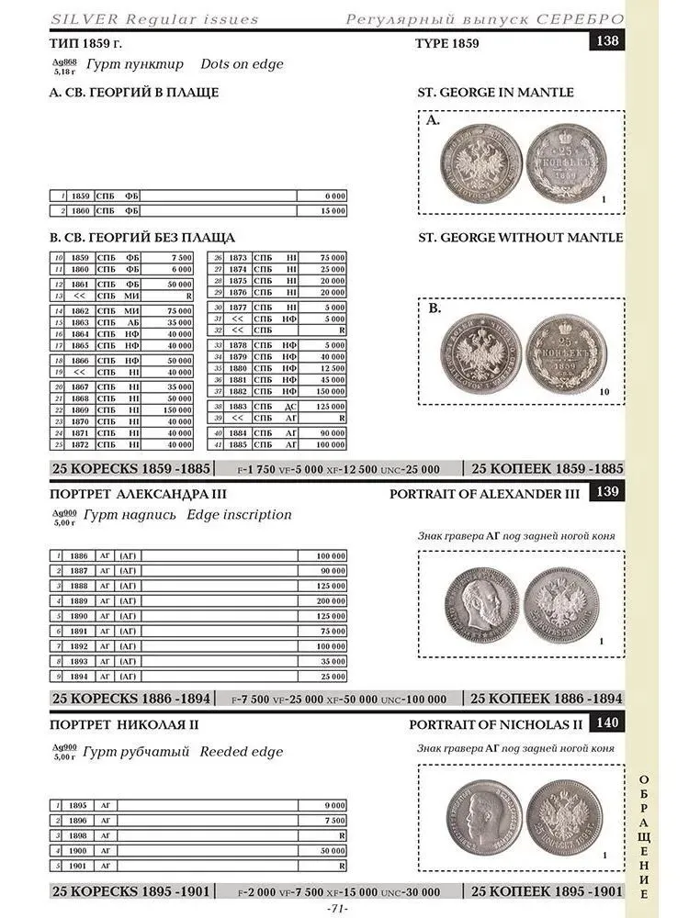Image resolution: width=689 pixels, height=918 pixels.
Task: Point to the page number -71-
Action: coord(337,909)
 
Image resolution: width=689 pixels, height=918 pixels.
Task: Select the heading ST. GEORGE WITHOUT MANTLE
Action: coord(520,238)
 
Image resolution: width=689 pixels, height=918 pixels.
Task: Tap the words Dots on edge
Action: coord(242,64)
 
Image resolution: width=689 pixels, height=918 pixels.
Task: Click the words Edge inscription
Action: coord(239,515)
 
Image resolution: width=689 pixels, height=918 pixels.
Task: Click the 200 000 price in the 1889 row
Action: coord(331,600)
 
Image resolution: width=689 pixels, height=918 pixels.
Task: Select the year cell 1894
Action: coord(80,676)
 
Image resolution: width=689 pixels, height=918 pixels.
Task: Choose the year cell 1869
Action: coord(81,409)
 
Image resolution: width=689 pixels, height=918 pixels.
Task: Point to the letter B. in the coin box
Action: coord(434,309)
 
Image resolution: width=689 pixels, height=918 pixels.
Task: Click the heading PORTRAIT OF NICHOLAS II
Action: coord(496,724)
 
